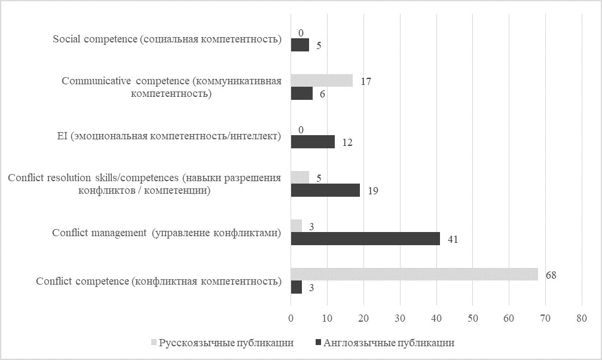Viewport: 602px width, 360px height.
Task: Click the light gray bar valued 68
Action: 414,274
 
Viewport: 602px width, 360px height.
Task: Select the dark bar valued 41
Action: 365,239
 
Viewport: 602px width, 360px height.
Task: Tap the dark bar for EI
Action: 313,142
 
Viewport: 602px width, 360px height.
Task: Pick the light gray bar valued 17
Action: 322,80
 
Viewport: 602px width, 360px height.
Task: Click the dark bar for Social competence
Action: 300,45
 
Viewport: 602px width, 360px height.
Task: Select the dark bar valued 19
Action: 325,190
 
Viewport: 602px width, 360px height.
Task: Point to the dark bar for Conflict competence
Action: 296,287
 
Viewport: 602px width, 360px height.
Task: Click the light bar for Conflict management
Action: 296,225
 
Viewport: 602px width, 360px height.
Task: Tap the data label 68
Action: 551,275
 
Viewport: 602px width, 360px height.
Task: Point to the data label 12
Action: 347,143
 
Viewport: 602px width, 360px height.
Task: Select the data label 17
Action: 366,81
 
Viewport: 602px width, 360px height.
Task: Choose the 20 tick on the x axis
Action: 363,318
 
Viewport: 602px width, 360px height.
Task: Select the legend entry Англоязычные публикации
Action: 388,343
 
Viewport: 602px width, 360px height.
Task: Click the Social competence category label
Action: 167,39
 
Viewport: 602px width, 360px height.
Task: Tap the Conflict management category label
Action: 167,233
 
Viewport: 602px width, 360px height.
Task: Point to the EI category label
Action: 165,136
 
